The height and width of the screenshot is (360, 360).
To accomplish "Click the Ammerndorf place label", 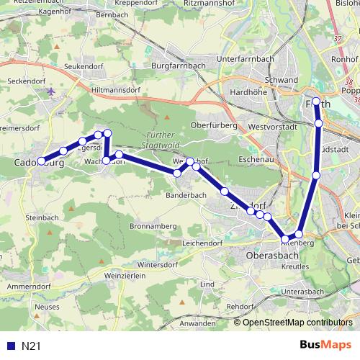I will point(27,287).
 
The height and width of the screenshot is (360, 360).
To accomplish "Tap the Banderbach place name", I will point(187,195).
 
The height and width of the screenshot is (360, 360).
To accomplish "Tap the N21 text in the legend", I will point(31,346).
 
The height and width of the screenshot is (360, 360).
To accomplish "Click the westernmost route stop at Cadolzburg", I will point(41,161).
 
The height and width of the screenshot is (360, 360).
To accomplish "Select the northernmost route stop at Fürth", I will point(316,102).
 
